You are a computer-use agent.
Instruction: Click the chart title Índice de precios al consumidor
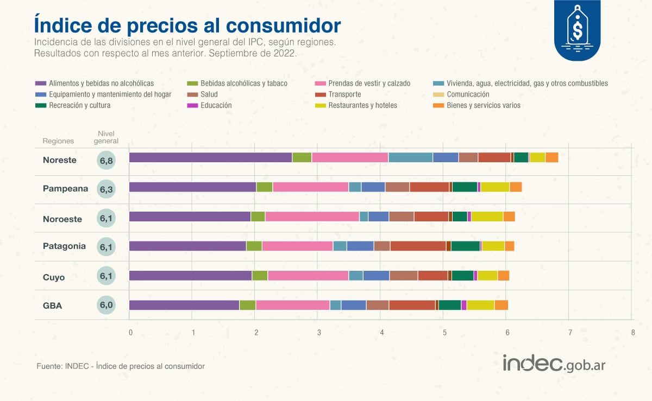point(187,26)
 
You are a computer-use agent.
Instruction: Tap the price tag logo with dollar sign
point(577,30)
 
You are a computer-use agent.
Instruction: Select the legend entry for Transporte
point(344,94)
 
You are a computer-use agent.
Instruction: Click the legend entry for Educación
point(216,105)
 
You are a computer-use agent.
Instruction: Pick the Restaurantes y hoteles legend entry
point(362,105)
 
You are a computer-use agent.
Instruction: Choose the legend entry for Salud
point(209,94)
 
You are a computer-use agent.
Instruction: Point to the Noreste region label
point(60,160)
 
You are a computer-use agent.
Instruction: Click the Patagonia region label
point(64,246)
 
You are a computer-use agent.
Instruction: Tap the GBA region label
point(52,305)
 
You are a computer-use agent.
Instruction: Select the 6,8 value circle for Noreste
point(106,161)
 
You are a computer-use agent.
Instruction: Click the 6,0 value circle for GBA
point(106,305)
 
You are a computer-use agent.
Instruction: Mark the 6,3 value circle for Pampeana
point(106,189)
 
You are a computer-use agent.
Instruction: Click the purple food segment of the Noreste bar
point(210,157)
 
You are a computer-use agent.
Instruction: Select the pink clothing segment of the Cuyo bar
point(308,275)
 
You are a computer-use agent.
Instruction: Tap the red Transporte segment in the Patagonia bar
point(417,246)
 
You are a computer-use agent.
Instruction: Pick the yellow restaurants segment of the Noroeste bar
point(487,217)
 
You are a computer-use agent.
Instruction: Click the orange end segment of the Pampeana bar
point(516,187)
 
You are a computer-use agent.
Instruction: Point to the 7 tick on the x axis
point(570,332)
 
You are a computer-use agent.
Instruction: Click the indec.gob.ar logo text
point(553,364)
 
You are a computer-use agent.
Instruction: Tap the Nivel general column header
point(106,137)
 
